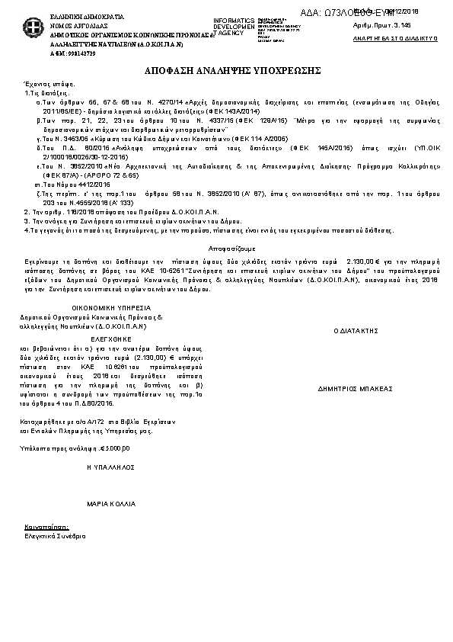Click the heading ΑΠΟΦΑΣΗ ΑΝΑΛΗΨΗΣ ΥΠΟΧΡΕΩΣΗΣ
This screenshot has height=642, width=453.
[x=232, y=70]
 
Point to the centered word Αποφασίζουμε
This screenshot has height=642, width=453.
[x=232, y=249]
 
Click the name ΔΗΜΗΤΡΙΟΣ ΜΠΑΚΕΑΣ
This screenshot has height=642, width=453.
[x=355, y=388]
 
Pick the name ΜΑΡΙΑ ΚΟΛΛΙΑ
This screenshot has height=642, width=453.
[x=111, y=504]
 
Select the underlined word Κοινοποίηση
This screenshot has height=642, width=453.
[x=47, y=527]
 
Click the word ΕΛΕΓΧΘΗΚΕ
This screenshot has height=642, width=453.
[x=111, y=336]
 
